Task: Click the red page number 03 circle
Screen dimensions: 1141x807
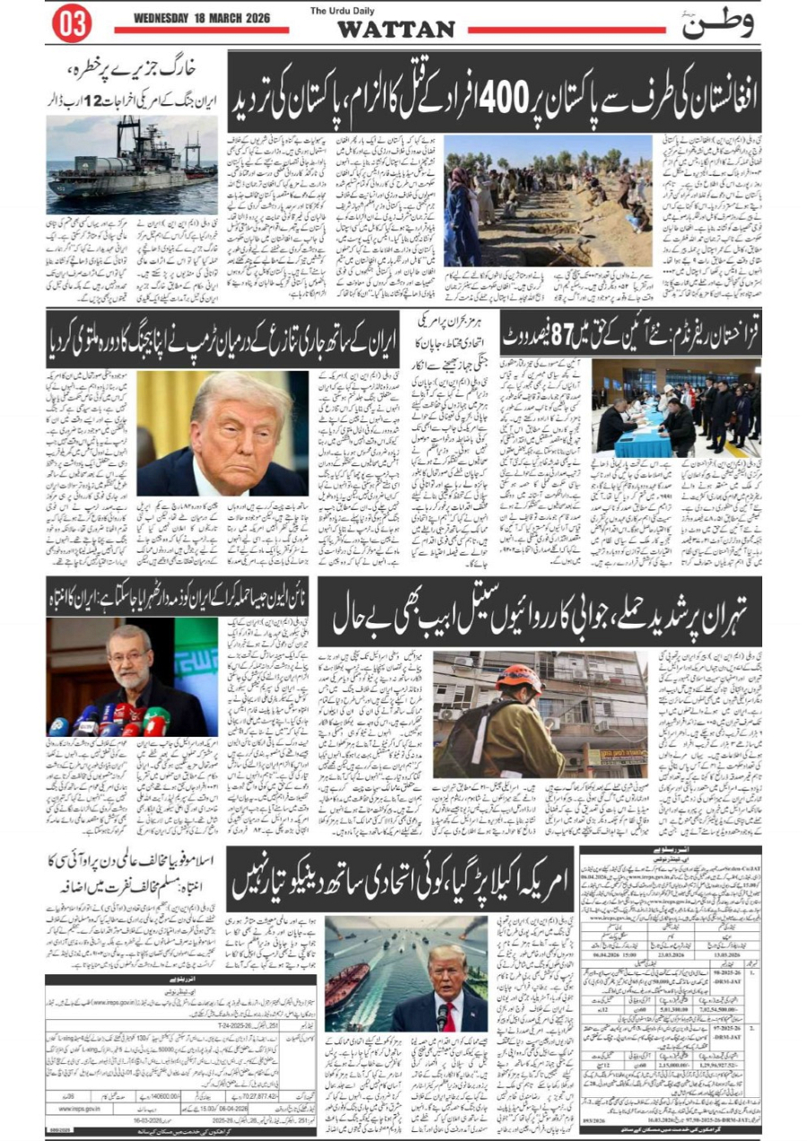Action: [x=72, y=24]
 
